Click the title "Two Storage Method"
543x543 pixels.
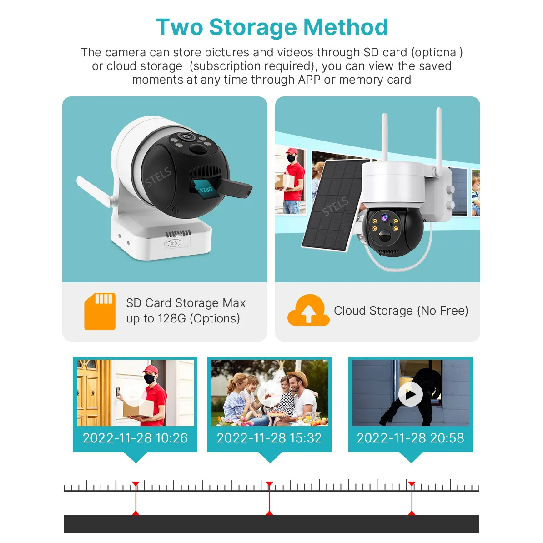point(271,27)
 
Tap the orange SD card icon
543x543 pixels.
point(100,312)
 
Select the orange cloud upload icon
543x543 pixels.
point(308,310)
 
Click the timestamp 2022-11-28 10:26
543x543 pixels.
point(135,438)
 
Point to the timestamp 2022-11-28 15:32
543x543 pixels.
point(269,438)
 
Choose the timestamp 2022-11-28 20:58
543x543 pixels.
point(410,438)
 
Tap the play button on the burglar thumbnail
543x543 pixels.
point(410,394)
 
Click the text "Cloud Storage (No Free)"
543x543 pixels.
point(401,311)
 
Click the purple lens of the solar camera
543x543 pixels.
point(385,217)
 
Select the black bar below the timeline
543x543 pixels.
point(271,524)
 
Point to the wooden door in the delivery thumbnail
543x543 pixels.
point(90,393)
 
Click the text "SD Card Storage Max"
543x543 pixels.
point(186,303)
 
